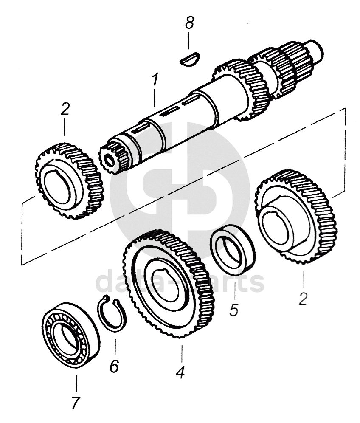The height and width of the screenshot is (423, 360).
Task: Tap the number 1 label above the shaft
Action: tap(155, 81)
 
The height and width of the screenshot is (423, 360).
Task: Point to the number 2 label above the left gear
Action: tap(65, 109)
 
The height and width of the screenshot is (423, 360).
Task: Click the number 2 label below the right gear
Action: tap(303, 299)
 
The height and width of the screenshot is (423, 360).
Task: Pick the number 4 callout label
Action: tap(180, 372)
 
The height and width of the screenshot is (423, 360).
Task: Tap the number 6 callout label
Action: tap(114, 366)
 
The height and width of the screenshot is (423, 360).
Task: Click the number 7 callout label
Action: tap(76, 402)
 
